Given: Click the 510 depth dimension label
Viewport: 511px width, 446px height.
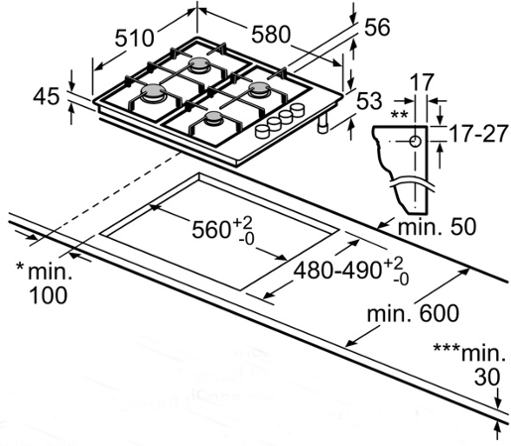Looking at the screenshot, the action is click(134, 38).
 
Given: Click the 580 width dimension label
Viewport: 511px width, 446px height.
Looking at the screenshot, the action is click(271, 35).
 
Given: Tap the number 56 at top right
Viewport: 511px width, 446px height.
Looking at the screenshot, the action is click(377, 27).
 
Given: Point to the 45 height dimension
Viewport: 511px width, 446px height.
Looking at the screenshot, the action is click(47, 96).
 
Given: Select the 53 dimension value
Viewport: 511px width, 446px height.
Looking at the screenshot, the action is click(369, 100).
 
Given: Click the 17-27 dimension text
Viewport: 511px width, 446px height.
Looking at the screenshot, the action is click(478, 134).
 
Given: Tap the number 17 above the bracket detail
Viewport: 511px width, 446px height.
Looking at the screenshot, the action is click(422, 82).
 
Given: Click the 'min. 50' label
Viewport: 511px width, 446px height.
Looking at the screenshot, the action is click(437, 227).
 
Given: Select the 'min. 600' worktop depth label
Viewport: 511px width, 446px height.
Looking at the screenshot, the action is click(413, 313).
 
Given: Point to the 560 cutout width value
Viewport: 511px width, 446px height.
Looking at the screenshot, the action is click(211, 230).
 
